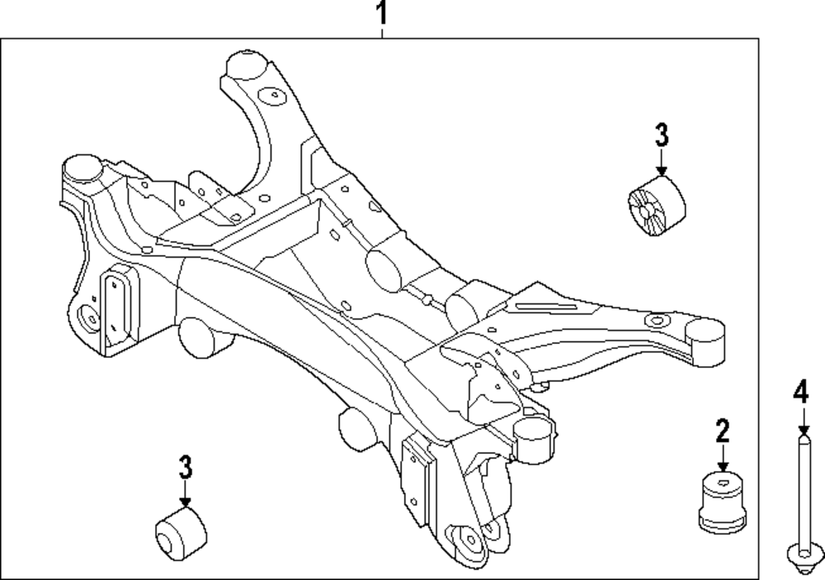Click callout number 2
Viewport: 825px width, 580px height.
pos(723,430)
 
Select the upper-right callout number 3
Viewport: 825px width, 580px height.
pos(662,134)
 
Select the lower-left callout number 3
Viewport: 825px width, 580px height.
pos(185,467)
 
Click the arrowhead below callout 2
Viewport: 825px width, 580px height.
pos(723,466)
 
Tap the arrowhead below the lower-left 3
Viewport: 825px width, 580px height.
pos(185,501)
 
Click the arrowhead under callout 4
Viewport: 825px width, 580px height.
pos(802,431)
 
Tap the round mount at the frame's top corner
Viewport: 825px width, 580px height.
pos(245,64)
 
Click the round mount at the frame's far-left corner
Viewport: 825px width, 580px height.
pos(82,167)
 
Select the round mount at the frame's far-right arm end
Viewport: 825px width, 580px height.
pos(705,332)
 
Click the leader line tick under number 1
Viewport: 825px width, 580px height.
pos(381,32)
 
